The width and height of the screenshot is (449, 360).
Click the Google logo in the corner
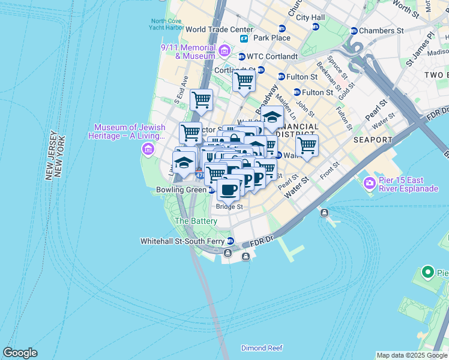tap(20, 353)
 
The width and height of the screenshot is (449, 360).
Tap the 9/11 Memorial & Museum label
tap(187, 52)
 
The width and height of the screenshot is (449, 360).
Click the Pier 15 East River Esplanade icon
tap(369, 182)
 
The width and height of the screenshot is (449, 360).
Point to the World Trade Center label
tap(219, 29)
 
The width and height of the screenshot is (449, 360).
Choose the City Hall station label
tap(310, 18)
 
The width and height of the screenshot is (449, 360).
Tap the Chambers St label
tap(382, 31)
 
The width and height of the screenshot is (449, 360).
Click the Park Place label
tap(271, 38)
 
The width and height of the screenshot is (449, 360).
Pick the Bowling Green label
tap(181, 190)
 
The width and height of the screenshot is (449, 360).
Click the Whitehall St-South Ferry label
tap(182, 241)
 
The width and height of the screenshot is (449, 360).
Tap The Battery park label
tap(196, 221)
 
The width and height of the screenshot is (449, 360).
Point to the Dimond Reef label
tap(262, 348)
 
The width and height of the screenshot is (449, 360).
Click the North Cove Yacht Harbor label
tap(167, 24)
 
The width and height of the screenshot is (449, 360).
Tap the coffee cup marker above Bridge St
tap(228, 190)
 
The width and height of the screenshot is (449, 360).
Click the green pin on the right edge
tap(427, 272)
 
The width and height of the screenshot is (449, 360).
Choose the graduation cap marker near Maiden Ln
tap(272, 118)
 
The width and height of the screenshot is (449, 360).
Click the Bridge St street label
tap(229, 206)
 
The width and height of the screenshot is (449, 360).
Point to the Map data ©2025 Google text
tap(411, 355)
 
